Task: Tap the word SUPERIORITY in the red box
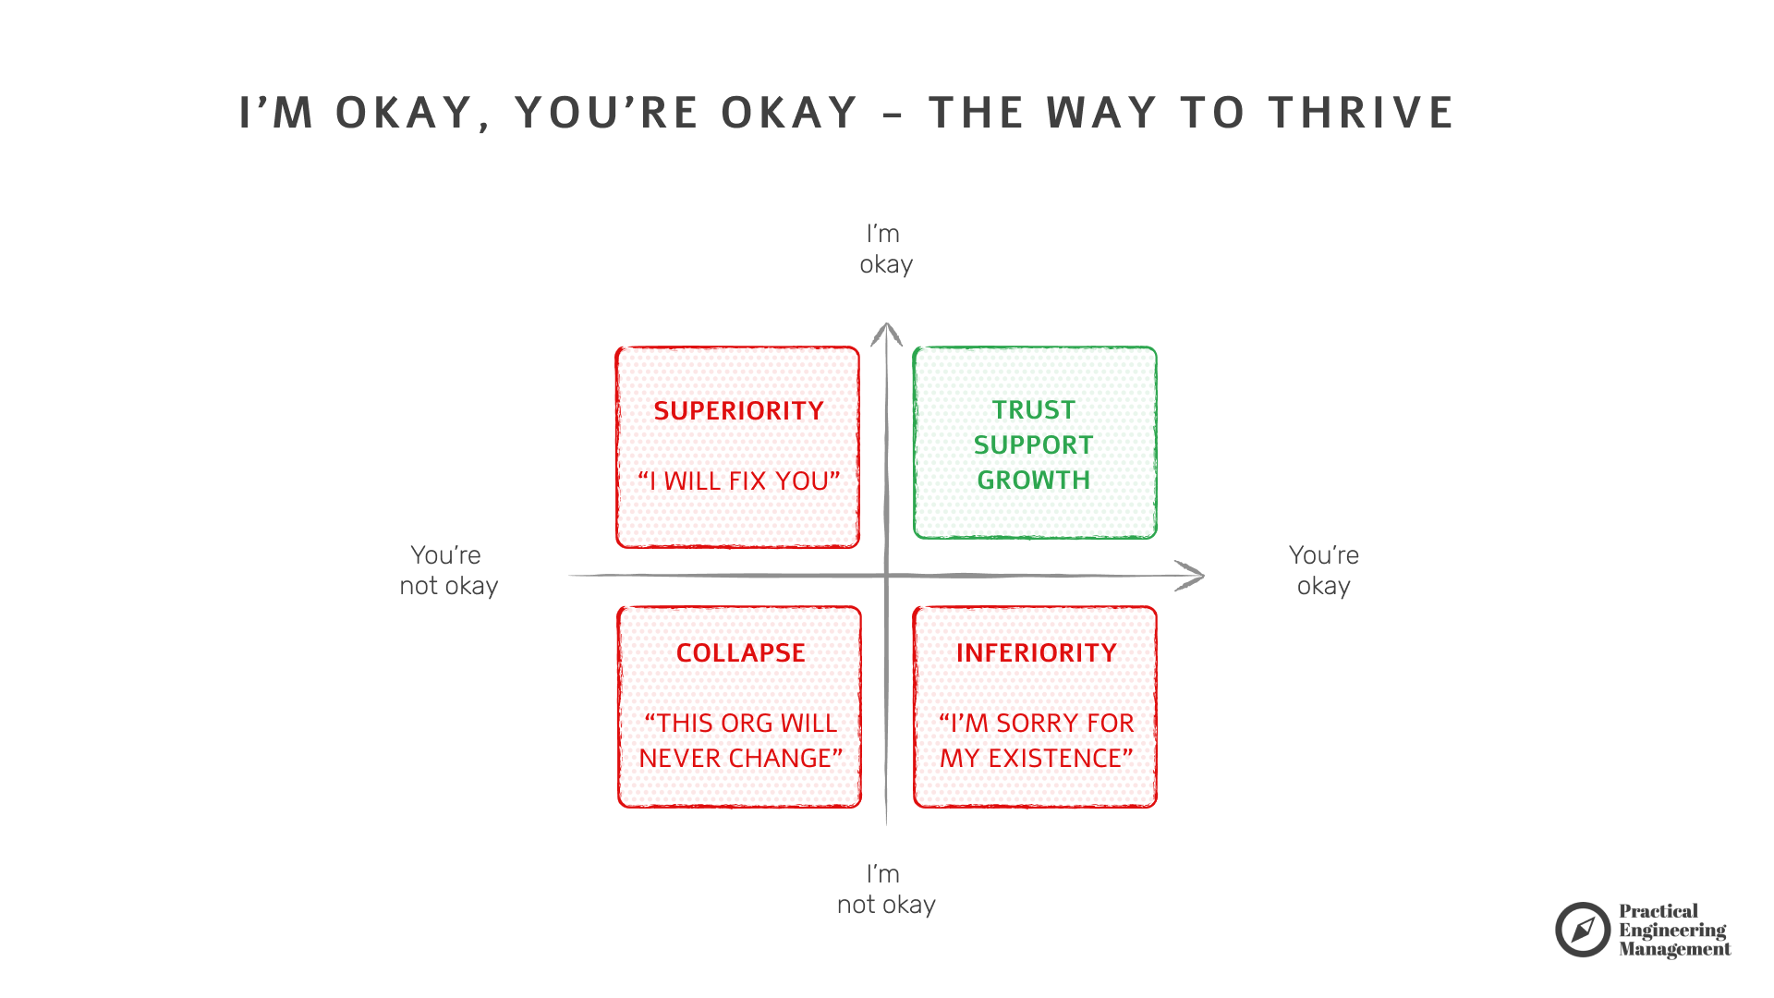pos(738,411)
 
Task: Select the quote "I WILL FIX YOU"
pos(738,481)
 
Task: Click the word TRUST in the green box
pos(1034,410)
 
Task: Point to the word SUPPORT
pos(1034,445)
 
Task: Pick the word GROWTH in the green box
pos(1034,481)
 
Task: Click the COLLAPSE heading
pos(740,653)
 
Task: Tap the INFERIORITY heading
pos(1036,653)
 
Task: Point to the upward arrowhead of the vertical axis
pos(886,329)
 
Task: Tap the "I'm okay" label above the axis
pos(885,249)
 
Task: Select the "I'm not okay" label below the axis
pos(885,890)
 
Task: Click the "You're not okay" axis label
pos(448,571)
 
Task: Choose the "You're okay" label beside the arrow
pos(1323,571)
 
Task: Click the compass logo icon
pos(1582,930)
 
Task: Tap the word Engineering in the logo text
pos(1671,931)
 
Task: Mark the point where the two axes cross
pos(886,576)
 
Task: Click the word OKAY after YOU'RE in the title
pos(790,113)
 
